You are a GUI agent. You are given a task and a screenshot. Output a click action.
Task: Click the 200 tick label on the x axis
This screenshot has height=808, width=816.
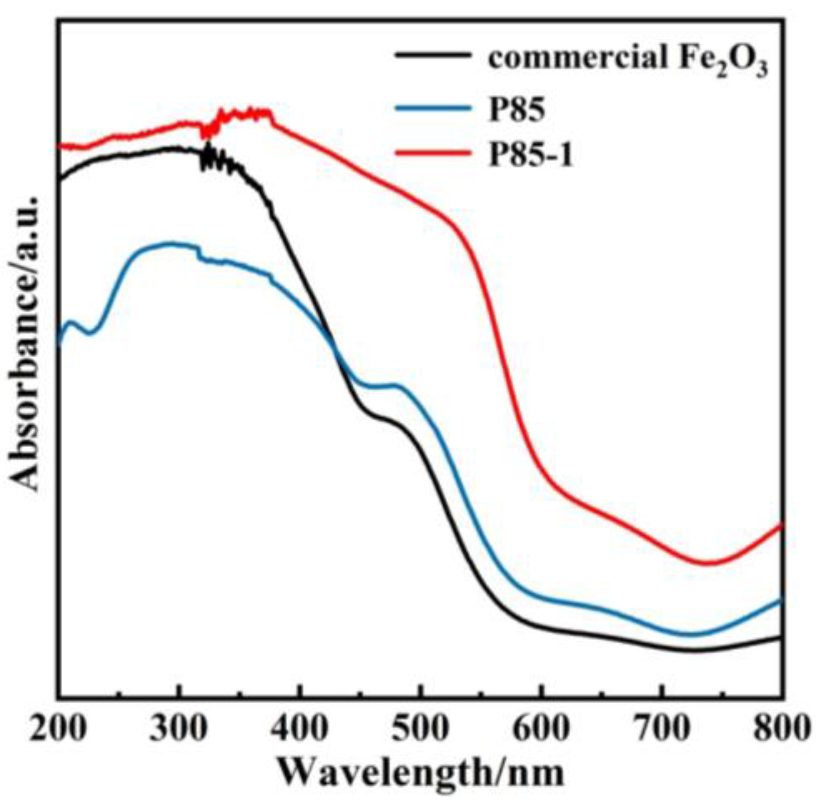point(58,729)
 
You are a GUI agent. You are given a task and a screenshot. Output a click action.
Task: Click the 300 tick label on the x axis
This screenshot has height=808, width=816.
point(178,729)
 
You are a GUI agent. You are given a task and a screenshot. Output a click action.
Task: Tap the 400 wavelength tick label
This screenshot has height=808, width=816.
point(299,729)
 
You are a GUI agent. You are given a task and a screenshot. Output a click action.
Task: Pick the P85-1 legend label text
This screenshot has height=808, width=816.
point(530,155)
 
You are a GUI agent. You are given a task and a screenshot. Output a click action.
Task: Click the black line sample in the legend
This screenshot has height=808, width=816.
point(433,55)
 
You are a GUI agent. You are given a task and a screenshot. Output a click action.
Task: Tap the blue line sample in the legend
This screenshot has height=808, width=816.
point(433,107)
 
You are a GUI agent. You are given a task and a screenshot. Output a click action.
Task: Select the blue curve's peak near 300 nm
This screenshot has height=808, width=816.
point(169,244)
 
